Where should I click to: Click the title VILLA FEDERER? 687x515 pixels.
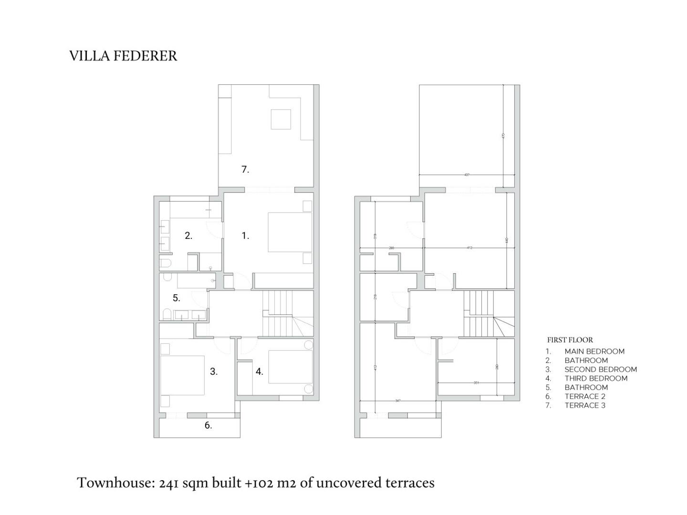(x=123, y=56)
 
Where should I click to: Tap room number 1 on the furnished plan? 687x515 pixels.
(x=245, y=236)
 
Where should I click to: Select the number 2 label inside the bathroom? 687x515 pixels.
(x=188, y=236)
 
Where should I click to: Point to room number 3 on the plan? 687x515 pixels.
(x=214, y=371)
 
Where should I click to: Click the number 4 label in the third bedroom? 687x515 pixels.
(x=259, y=371)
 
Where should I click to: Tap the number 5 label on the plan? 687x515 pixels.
(x=176, y=298)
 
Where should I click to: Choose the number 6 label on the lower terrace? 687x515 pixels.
(x=208, y=425)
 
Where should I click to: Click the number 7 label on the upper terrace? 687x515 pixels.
(x=245, y=169)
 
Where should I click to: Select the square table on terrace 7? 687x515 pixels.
(x=281, y=119)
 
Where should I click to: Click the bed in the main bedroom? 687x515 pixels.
(x=290, y=232)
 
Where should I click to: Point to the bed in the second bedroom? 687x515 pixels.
(x=182, y=375)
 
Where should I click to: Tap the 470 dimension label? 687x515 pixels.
(x=503, y=136)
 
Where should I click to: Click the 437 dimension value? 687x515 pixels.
(x=467, y=175)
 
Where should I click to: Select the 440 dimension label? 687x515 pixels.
(x=507, y=241)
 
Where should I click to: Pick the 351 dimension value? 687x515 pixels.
(x=476, y=382)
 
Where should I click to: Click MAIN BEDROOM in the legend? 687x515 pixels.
(x=594, y=351)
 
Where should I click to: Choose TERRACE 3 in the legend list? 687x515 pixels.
(x=585, y=405)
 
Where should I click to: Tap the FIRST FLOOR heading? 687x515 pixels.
(x=570, y=340)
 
